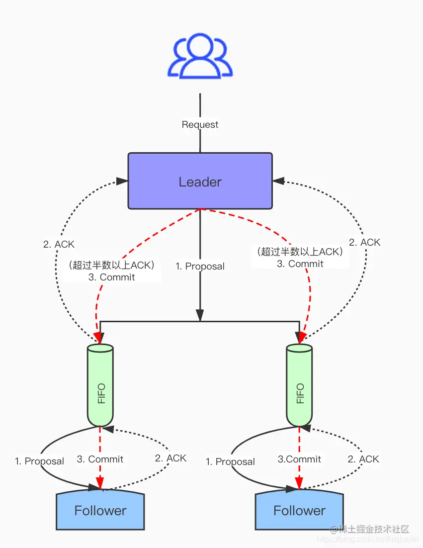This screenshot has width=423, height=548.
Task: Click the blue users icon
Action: click(x=200, y=56)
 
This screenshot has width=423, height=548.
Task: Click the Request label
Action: click(x=200, y=124)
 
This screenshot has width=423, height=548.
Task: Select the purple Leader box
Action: click(x=200, y=181)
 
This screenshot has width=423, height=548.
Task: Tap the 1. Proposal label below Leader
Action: click(x=200, y=266)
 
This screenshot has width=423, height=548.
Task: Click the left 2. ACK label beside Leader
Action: click(x=59, y=244)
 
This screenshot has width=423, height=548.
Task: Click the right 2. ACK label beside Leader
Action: click(x=364, y=242)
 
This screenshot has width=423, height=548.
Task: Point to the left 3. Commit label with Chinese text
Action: click(x=112, y=271)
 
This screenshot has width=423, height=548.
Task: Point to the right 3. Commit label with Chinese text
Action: click(x=300, y=258)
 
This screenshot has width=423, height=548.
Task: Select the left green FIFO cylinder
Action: click(x=100, y=386)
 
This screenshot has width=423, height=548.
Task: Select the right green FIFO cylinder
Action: click(x=299, y=386)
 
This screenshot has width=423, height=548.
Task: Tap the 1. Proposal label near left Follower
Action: click(x=39, y=461)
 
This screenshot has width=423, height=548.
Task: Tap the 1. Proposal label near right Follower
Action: click(x=230, y=461)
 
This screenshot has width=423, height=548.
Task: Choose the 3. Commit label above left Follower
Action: click(x=100, y=459)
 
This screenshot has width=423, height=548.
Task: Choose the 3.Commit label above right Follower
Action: click(x=299, y=459)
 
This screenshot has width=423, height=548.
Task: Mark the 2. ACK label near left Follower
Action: click(x=170, y=458)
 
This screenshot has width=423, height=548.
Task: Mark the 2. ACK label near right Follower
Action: click(x=363, y=459)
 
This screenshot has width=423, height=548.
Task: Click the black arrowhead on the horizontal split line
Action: click(x=200, y=315)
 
